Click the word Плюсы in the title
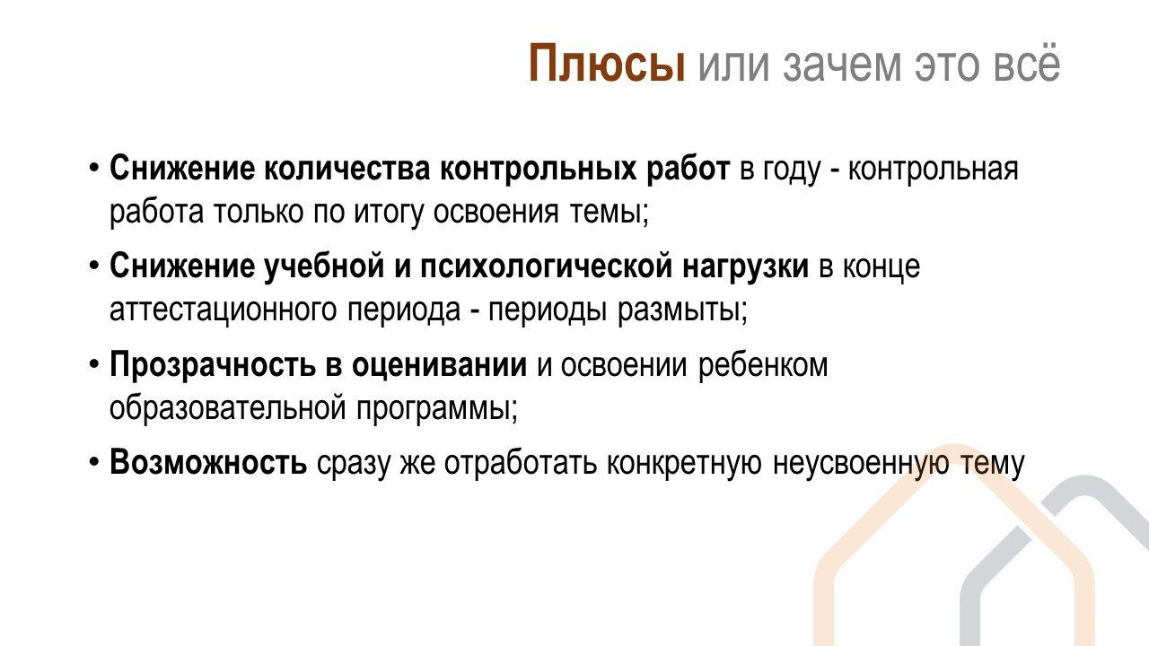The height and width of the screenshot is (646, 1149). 606,64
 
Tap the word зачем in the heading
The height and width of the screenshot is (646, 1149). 841,65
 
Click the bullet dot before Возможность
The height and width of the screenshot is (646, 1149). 94,463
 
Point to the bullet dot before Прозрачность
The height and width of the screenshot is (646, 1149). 94,365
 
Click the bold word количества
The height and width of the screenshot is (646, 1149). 347,168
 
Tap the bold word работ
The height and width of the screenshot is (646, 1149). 688,168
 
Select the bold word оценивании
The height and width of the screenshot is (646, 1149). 440,365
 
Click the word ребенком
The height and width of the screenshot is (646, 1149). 763,365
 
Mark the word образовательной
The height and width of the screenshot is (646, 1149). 228,408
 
